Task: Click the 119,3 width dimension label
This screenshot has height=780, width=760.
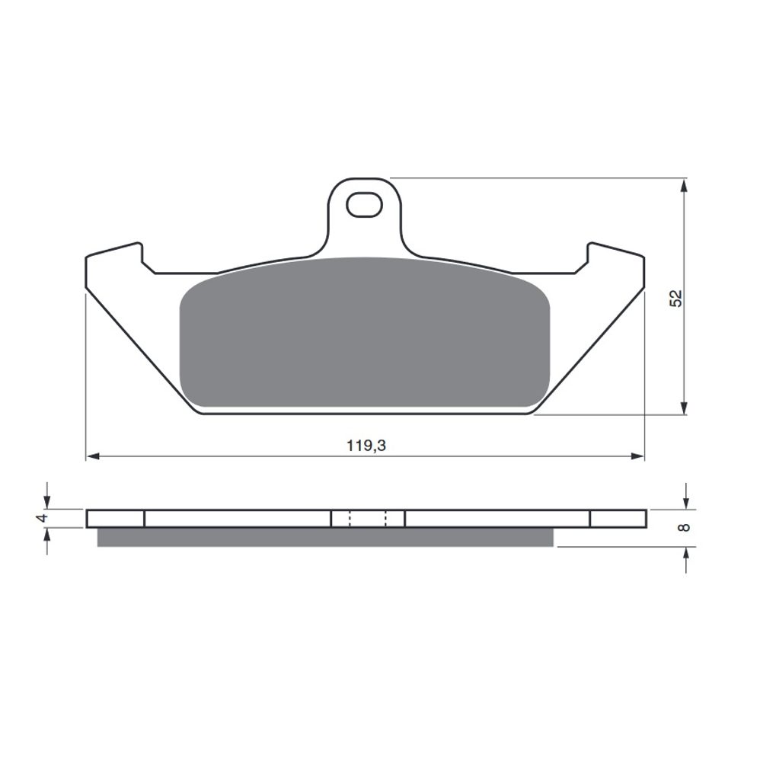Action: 366,445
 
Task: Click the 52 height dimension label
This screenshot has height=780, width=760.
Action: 676,298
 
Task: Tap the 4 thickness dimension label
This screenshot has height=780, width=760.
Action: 43,518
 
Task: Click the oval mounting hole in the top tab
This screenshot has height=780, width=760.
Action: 364,205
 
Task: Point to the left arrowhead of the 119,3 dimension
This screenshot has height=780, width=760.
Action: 93,456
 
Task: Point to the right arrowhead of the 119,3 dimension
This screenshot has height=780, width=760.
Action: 637,456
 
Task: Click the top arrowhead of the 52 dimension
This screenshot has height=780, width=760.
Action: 685,186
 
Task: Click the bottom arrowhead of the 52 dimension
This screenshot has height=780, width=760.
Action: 685,407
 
